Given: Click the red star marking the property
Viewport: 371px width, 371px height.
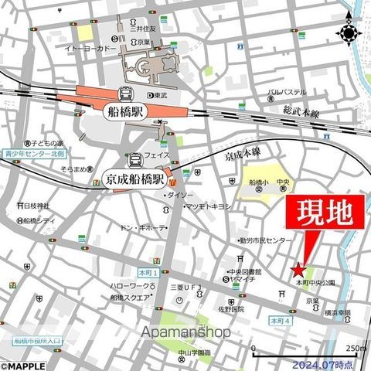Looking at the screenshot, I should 298,270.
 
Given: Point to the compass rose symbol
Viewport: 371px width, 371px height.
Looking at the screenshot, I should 349,34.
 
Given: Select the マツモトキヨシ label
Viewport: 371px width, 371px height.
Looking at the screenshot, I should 206,206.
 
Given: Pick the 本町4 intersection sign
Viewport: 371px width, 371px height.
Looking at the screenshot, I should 280,319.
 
